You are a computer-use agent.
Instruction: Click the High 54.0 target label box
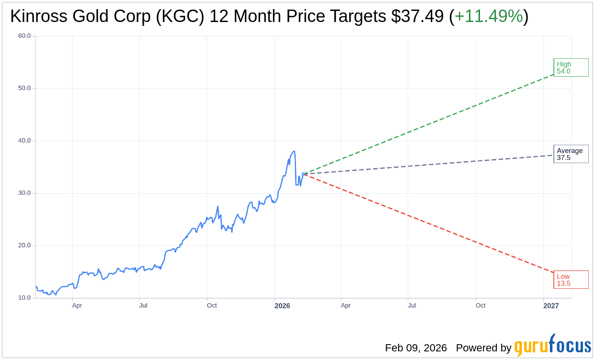571,67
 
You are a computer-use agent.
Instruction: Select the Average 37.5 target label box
571,154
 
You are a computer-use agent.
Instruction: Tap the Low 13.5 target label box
571,280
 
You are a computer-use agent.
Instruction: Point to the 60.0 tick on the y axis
24,36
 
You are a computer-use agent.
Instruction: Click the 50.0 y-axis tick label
24,88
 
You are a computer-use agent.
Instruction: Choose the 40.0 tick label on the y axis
24,141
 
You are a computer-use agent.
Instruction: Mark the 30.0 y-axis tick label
24,193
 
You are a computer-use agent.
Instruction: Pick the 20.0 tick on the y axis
24,246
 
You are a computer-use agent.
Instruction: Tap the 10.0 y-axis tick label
24,298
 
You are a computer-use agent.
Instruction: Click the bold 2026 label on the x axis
282,305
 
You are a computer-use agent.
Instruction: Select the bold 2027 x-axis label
551,305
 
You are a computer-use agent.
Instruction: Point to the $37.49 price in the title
417,17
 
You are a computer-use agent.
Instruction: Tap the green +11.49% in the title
488,17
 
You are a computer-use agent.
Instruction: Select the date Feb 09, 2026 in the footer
416,348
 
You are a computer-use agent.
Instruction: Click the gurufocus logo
552,345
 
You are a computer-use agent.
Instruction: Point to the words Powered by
483,348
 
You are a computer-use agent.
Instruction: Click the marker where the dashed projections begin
303,174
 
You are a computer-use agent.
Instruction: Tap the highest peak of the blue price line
294,151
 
